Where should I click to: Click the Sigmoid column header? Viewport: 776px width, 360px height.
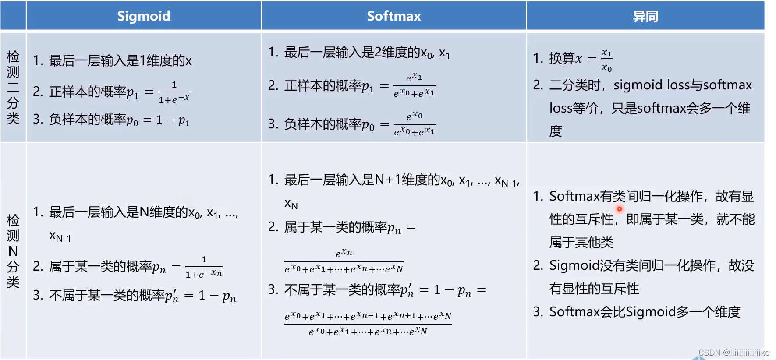coord(144,16)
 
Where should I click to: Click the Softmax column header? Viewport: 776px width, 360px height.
coord(393,16)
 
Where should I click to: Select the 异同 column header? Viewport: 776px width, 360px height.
coord(645,16)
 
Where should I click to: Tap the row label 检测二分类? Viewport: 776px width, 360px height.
coord(13,87)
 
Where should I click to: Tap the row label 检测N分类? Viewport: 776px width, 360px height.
coord(13,251)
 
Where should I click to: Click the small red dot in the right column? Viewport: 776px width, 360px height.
coord(620,209)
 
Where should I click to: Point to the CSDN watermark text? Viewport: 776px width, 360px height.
coord(733,353)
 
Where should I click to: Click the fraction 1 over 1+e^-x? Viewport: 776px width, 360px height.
coord(174,92)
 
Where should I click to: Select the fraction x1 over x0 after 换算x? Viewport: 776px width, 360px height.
coord(606,60)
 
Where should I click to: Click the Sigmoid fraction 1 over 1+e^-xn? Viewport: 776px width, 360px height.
coord(204,267)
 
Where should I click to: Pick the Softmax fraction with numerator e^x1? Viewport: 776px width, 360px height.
coord(414,85)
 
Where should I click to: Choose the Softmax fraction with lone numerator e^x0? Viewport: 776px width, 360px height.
coord(414,124)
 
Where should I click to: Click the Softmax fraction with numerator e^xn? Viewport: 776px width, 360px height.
coord(344,261)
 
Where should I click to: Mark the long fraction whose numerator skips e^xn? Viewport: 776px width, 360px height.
coord(368,323)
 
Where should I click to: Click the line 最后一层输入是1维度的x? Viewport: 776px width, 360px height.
coord(113,60)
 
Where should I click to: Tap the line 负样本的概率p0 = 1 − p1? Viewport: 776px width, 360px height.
coord(112,120)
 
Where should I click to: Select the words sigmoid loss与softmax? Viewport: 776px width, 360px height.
coord(683,85)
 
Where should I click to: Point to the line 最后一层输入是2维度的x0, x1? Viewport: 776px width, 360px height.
coord(359,53)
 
